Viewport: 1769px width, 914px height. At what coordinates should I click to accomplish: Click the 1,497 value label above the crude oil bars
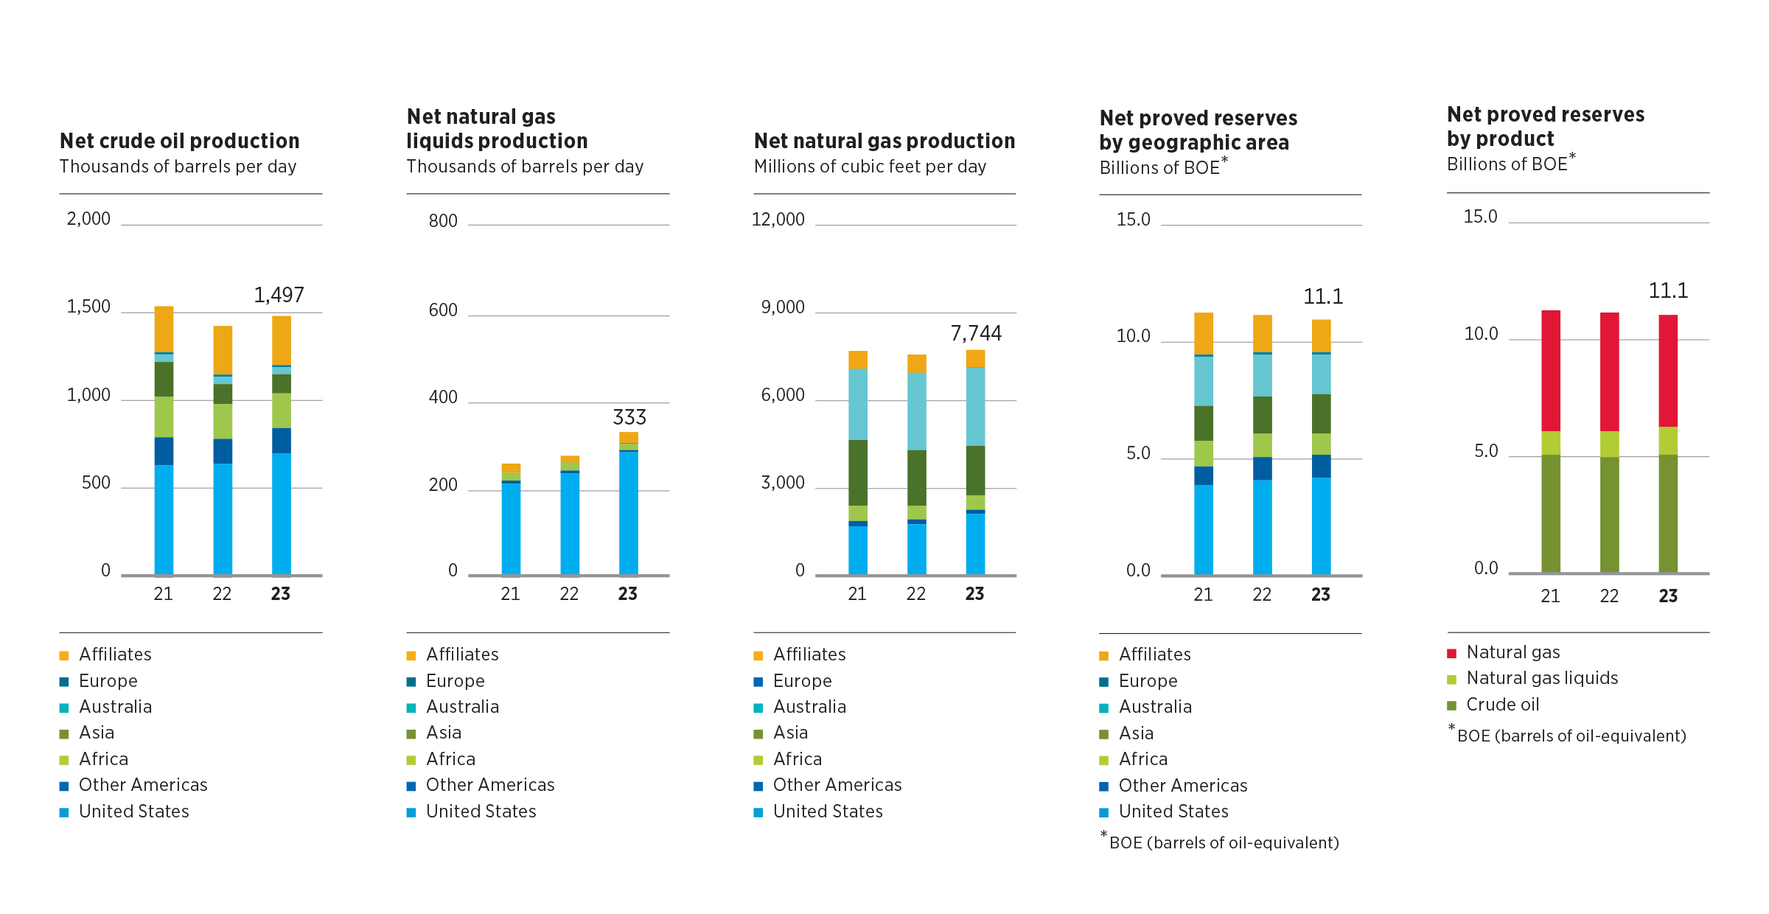tap(279, 295)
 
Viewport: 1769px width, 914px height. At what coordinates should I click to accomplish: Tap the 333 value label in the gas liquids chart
tap(629, 417)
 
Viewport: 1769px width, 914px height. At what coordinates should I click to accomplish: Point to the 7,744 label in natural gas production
tap(976, 333)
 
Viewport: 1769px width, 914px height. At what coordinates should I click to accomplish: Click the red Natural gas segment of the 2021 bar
tap(1551, 370)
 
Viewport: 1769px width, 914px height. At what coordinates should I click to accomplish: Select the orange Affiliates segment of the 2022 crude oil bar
tap(223, 349)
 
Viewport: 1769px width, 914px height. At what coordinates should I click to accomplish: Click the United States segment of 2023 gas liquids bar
tap(628, 512)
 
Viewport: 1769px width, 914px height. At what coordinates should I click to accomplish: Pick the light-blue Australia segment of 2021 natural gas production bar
tap(858, 404)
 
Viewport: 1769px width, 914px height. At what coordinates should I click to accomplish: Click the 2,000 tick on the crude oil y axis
tap(88, 219)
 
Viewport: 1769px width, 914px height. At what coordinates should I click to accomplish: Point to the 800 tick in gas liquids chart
tap(443, 221)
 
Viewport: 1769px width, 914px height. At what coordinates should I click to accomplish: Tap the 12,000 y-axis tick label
tap(778, 220)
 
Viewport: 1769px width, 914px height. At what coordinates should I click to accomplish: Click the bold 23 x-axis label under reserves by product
tap(1668, 596)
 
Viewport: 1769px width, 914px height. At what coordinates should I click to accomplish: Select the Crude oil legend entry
tap(1501, 705)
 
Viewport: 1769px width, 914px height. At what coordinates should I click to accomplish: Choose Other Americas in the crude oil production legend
tap(142, 785)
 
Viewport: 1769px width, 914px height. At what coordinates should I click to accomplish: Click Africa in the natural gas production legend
tap(797, 759)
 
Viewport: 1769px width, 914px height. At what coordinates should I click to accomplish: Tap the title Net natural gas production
tap(884, 141)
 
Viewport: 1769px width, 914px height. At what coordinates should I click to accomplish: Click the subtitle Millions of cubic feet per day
tap(870, 167)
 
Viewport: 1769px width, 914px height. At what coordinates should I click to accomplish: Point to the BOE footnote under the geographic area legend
tap(1223, 843)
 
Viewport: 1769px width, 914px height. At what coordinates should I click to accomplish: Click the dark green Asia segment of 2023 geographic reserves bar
tap(1321, 414)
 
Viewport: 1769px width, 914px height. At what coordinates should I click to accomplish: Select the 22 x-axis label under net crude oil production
tap(222, 594)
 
